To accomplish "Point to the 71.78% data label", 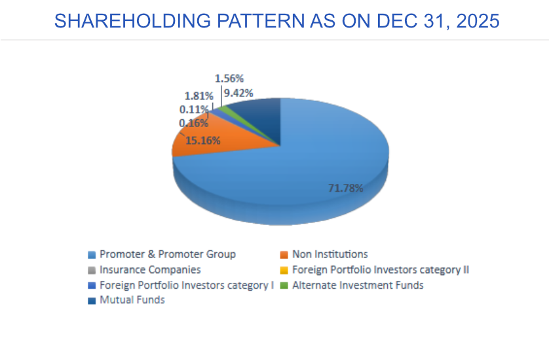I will (345, 188).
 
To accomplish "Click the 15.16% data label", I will (202, 139).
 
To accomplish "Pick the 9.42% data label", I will (238, 93).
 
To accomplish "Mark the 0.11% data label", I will (194, 109).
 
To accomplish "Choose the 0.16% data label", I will (193, 122).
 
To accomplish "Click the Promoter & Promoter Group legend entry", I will (167, 254).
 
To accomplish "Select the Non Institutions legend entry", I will (330, 254).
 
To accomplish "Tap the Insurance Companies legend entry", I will (150, 269).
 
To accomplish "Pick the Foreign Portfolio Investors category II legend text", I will (381, 269).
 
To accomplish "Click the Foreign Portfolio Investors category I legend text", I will (186, 285).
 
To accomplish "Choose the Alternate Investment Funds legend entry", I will (358, 285).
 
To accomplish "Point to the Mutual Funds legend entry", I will (132, 300).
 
